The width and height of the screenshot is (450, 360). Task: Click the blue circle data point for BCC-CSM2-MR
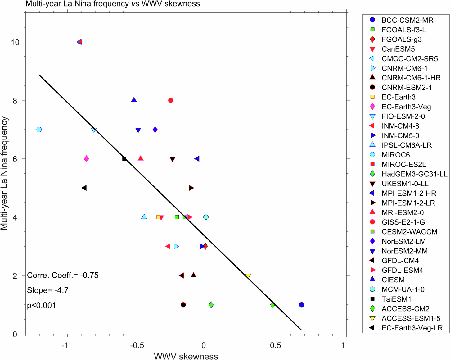pyautogui.click(x=301, y=305)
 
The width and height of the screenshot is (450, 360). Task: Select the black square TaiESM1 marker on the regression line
pyautogui.click(x=124, y=159)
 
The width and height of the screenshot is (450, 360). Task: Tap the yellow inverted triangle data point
pyautogui.click(x=248, y=276)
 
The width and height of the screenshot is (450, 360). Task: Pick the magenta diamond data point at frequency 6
pyautogui.click(x=86, y=159)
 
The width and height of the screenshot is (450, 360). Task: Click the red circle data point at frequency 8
pyautogui.click(x=170, y=100)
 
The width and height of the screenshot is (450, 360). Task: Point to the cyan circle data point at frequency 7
pyautogui.click(x=39, y=130)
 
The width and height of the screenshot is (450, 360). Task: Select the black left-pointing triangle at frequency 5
pyautogui.click(x=84, y=188)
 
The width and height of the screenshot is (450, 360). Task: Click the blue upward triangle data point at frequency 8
pyautogui.click(x=134, y=100)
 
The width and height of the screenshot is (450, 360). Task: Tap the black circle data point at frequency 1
pyautogui.click(x=183, y=305)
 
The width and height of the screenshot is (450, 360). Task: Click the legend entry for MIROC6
pyautogui.click(x=395, y=155)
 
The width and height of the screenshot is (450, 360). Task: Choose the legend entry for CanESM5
pyautogui.click(x=398, y=49)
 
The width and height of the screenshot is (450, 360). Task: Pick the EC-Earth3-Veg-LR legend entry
pyautogui.click(x=412, y=328)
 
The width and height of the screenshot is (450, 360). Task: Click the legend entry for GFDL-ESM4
pyautogui.click(x=402, y=270)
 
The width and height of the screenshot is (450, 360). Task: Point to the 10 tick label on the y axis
pyautogui.click(x=15, y=42)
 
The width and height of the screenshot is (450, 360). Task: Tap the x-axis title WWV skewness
pyautogui.click(x=186, y=356)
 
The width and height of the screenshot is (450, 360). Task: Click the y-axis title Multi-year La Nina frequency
pyautogui.click(x=4, y=173)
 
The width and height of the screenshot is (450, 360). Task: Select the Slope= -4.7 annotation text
pyautogui.click(x=48, y=290)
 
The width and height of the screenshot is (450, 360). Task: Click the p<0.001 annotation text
pyautogui.click(x=42, y=305)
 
